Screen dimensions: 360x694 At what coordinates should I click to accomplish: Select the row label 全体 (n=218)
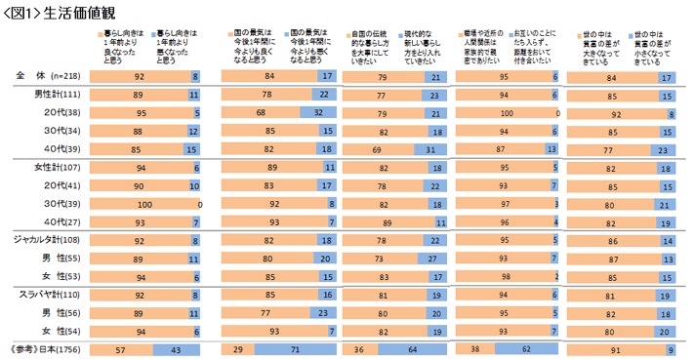45,75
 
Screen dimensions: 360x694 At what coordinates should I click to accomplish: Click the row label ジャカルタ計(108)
45,239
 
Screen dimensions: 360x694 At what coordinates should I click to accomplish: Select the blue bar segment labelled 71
287,348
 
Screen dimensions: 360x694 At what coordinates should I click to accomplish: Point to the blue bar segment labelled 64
409,348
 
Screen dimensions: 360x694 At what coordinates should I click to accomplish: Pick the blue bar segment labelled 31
430,149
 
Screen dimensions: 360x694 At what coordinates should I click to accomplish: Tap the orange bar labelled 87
501,149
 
